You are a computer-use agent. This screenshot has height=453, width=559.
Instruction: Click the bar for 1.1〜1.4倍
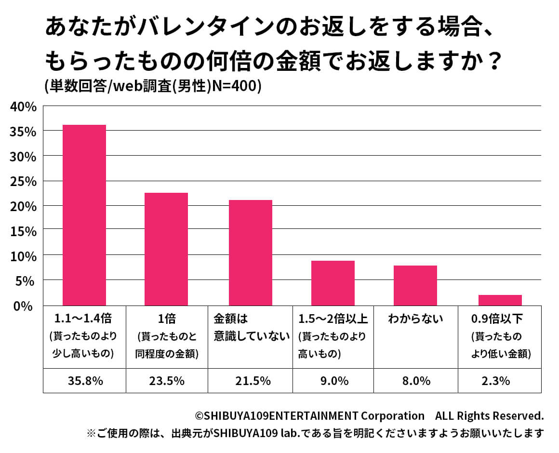[84, 215]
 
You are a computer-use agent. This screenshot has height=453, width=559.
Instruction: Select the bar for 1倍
[166, 249]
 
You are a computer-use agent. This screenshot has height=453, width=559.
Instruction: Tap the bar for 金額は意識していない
[251, 253]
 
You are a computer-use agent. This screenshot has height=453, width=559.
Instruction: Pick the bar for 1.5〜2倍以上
[333, 283]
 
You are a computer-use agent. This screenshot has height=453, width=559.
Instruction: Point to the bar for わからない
[415, 285]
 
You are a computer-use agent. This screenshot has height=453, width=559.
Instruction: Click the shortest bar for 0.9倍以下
[500, 300]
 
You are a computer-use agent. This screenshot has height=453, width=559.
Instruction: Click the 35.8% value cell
[84, 381]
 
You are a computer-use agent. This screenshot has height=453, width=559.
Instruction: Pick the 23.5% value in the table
[166, 381]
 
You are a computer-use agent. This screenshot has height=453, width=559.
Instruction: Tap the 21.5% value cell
[251, 381]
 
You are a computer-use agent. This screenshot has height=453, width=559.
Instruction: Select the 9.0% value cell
[333, 381]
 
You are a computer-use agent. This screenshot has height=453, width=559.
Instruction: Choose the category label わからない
[415, 319]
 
